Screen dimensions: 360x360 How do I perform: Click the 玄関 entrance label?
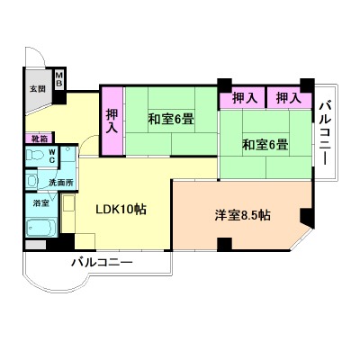click(x=38, y=89)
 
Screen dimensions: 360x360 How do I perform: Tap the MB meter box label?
click(x=58, y=78)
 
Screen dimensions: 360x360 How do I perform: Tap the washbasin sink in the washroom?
click(x=33, y=182)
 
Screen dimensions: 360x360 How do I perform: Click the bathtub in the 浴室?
click(x=42, y=229)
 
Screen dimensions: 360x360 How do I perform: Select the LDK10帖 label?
click(x=121, y=210)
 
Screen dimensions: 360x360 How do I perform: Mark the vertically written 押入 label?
click(x=112, y=120)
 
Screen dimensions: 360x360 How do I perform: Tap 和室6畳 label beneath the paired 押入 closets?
click(x=265, y=144)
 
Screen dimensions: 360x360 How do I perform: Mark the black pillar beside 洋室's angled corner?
click(x=308, y=218)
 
